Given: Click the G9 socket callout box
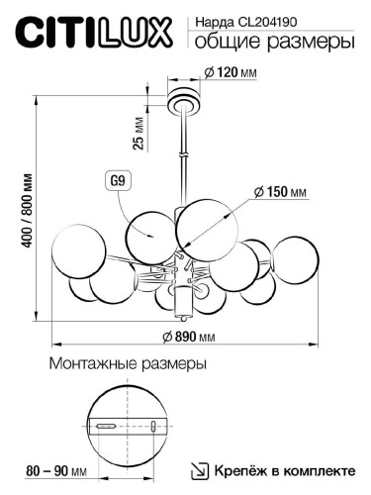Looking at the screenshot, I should (x=116, y=181).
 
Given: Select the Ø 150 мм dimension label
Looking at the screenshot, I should (x=280, y=191).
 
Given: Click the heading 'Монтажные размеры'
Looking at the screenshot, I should (x=128, y=364).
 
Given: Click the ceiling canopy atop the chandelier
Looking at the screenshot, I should (x=182, y=100).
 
